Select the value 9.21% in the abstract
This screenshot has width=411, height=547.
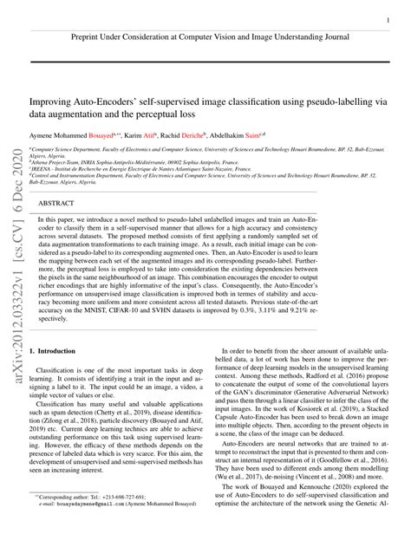point(357,309)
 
